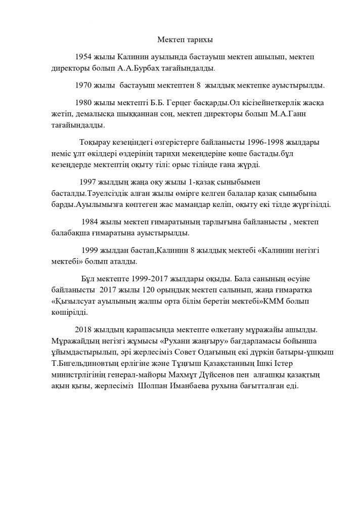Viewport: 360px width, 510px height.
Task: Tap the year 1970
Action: point(83,84)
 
